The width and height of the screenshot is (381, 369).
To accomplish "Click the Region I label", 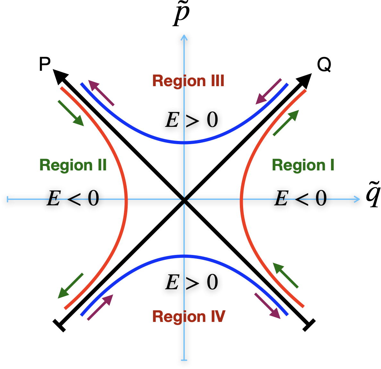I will [x=303, y=165].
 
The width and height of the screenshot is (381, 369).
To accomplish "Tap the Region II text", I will [x=73, y=165].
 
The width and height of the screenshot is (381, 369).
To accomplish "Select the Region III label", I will [x=188, y=81].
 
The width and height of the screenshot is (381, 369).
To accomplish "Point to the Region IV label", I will [x=189, y=316].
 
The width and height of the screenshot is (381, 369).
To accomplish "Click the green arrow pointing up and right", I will [x=286, y=123].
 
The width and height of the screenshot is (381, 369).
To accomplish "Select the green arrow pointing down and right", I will [x=71, y=113].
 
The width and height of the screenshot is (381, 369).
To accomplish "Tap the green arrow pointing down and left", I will [x=70, y=286].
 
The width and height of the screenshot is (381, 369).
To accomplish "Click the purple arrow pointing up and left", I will [x=101, y=93].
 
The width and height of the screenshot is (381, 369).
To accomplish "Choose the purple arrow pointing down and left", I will [x=268, y=92].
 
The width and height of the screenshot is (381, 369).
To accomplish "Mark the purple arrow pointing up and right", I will [x=100, y=307].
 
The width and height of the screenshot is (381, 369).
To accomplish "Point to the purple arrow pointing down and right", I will [x=267, y=306].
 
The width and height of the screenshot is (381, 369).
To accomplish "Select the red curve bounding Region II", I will [x=126, y=199].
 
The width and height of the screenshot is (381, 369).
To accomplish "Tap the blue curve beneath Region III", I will [x=184, y=143].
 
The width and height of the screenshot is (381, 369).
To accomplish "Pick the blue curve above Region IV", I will [x=184, y=256].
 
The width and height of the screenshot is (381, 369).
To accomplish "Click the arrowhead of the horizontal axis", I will [x=358, y=199].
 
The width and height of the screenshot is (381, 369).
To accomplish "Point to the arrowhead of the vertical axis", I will [x=184, y=37].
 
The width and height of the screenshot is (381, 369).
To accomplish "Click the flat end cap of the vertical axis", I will [x=184, y=360].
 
